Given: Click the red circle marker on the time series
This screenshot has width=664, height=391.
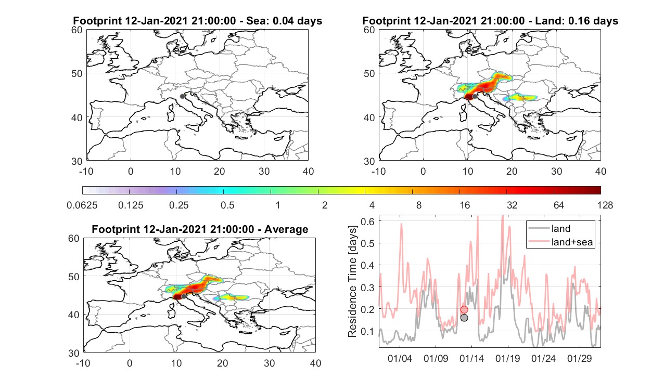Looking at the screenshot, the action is [464, 310].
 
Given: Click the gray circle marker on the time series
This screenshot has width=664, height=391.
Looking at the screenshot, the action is [464, 318].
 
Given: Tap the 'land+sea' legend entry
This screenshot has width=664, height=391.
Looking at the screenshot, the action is [572, 242].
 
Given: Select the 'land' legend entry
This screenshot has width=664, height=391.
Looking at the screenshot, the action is [560, 228].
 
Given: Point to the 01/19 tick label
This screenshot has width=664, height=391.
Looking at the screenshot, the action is [507, 358].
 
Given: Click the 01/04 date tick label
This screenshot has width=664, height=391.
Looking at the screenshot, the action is [400, 358].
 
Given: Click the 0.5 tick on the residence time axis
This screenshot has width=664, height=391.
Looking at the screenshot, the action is [367, 243].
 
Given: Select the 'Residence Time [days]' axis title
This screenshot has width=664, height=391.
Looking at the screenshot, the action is [352, 282].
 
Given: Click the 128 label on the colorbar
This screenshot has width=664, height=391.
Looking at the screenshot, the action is [605, 205].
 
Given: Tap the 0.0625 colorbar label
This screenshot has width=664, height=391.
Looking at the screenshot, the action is [82, 205].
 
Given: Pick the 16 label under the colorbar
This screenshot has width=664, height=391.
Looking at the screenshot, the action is [465, 205].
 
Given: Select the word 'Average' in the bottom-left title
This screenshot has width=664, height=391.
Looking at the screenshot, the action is [286, 229].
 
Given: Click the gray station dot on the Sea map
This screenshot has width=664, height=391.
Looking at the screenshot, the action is [182, 96].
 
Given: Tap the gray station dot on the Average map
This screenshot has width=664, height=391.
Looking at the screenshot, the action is [184, 296].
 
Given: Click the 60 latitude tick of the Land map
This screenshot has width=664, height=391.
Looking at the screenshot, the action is [369, 30].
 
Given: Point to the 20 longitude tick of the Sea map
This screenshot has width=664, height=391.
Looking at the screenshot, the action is [220, 171].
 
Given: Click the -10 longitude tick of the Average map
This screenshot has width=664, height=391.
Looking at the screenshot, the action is [83, 363].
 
